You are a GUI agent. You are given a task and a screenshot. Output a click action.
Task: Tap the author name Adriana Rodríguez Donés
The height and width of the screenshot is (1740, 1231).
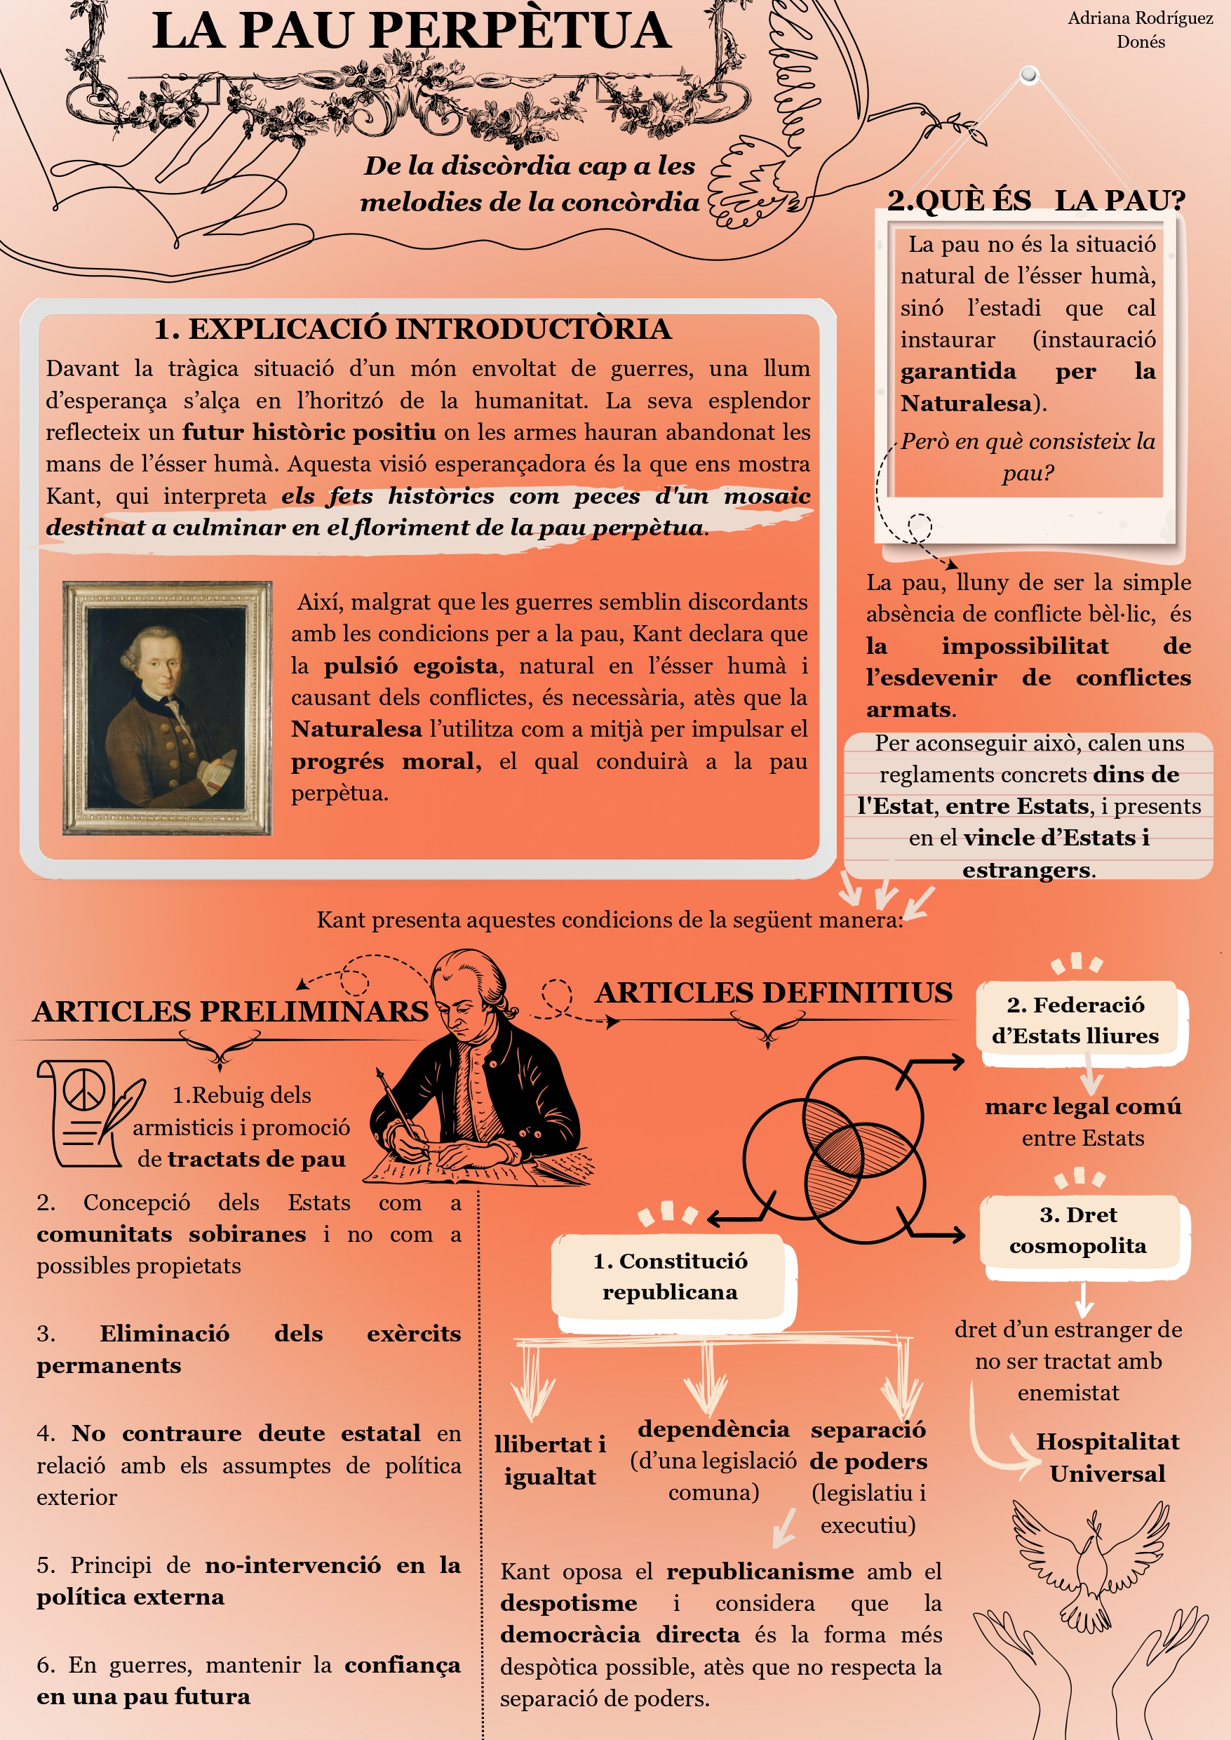click(x=1139, y=29)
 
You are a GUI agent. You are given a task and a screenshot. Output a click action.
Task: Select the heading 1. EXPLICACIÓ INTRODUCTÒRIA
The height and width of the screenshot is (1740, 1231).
click(x=412, y=329)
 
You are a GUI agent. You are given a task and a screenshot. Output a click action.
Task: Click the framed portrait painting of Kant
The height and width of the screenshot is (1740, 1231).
click(x=167, y=708)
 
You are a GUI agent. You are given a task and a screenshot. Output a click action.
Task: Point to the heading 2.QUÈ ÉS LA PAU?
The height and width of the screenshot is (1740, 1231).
click(x=1035, y=200)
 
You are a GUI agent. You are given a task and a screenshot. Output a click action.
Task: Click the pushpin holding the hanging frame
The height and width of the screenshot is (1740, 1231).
click(x=1028, y=74)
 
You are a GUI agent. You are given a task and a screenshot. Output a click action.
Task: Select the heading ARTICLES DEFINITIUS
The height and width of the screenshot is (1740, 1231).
click(x=773, y=993)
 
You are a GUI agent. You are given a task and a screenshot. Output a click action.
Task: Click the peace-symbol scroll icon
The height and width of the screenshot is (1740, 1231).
click(x=87, y=1112)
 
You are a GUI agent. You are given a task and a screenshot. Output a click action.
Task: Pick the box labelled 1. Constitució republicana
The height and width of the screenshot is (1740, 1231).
click(x=670, y=1276)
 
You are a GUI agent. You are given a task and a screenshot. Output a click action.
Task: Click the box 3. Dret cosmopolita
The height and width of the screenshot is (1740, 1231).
click(x=1078, y=1230)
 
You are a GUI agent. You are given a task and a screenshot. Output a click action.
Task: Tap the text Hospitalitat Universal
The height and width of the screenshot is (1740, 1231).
click(x=1107, y=1457)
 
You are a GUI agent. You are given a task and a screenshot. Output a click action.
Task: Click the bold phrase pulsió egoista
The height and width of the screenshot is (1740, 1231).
click(x=411, y=666)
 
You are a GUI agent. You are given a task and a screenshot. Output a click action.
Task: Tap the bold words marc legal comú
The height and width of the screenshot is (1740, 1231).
click(x=1082, y=1106)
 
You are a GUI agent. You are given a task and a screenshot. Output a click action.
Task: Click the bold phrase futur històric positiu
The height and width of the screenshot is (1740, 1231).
click(x=309, y=432)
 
